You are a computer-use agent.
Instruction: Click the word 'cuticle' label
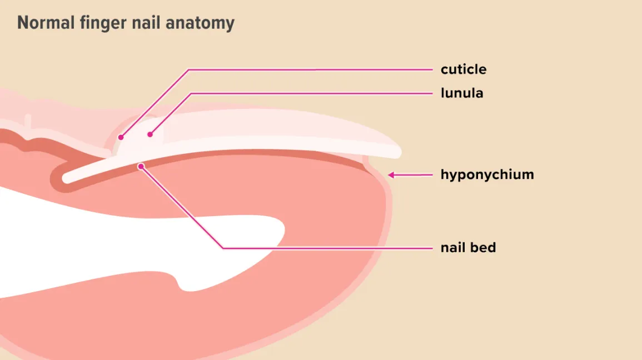point(464,69)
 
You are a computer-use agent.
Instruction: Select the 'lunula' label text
point(462,93)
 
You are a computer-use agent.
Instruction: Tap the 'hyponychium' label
point(487,174)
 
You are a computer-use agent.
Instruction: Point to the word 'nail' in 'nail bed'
point(452,248)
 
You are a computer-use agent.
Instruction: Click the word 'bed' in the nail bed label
point(482,248)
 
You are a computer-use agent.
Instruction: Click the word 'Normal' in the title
point(46,22)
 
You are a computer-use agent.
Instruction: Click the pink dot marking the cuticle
point(121,137)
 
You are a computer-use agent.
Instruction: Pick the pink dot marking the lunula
point(150,134)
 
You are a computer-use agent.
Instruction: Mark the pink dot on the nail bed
point(141,167)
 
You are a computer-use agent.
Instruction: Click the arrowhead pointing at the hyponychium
point(391,175)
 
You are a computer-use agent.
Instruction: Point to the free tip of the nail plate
point(399,153)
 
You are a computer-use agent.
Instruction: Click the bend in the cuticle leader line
point(189,70)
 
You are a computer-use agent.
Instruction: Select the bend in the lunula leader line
point(191,94)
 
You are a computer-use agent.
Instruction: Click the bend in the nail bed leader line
point(223,248)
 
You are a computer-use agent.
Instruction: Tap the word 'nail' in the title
point(146,22)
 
